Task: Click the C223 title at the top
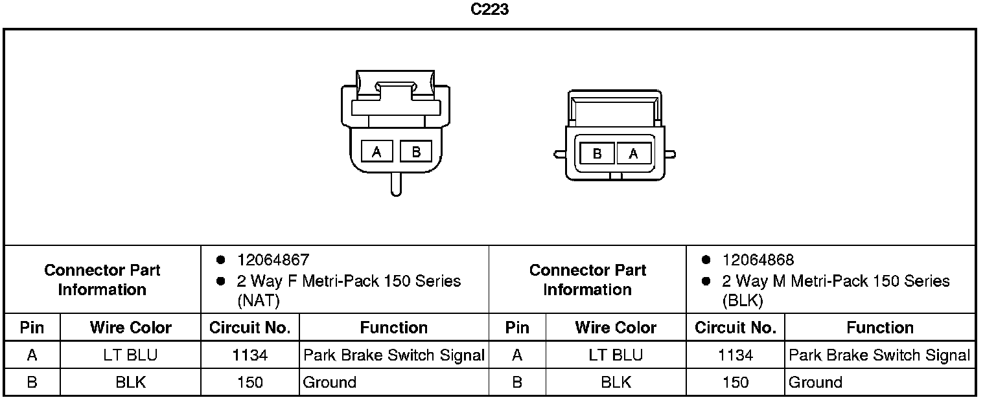(489, 10)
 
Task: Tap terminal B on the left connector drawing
(416, 151)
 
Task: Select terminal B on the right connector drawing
(597, 153)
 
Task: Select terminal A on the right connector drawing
(633, 153)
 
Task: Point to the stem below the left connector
(395, 185)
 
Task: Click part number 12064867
(273, 260)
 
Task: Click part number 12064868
(758, 260)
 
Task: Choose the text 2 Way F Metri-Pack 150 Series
(349, 281)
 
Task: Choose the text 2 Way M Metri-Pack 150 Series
(835, 281)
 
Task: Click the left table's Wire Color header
(130, 328)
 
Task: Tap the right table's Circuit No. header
(735, 328)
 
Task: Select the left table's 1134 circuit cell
(249, 355)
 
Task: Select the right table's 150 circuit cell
(735, 383)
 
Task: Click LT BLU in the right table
(616, 355)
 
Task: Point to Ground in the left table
(330, 383)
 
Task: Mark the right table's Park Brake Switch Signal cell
(879, 355)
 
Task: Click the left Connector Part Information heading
(102, 280)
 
